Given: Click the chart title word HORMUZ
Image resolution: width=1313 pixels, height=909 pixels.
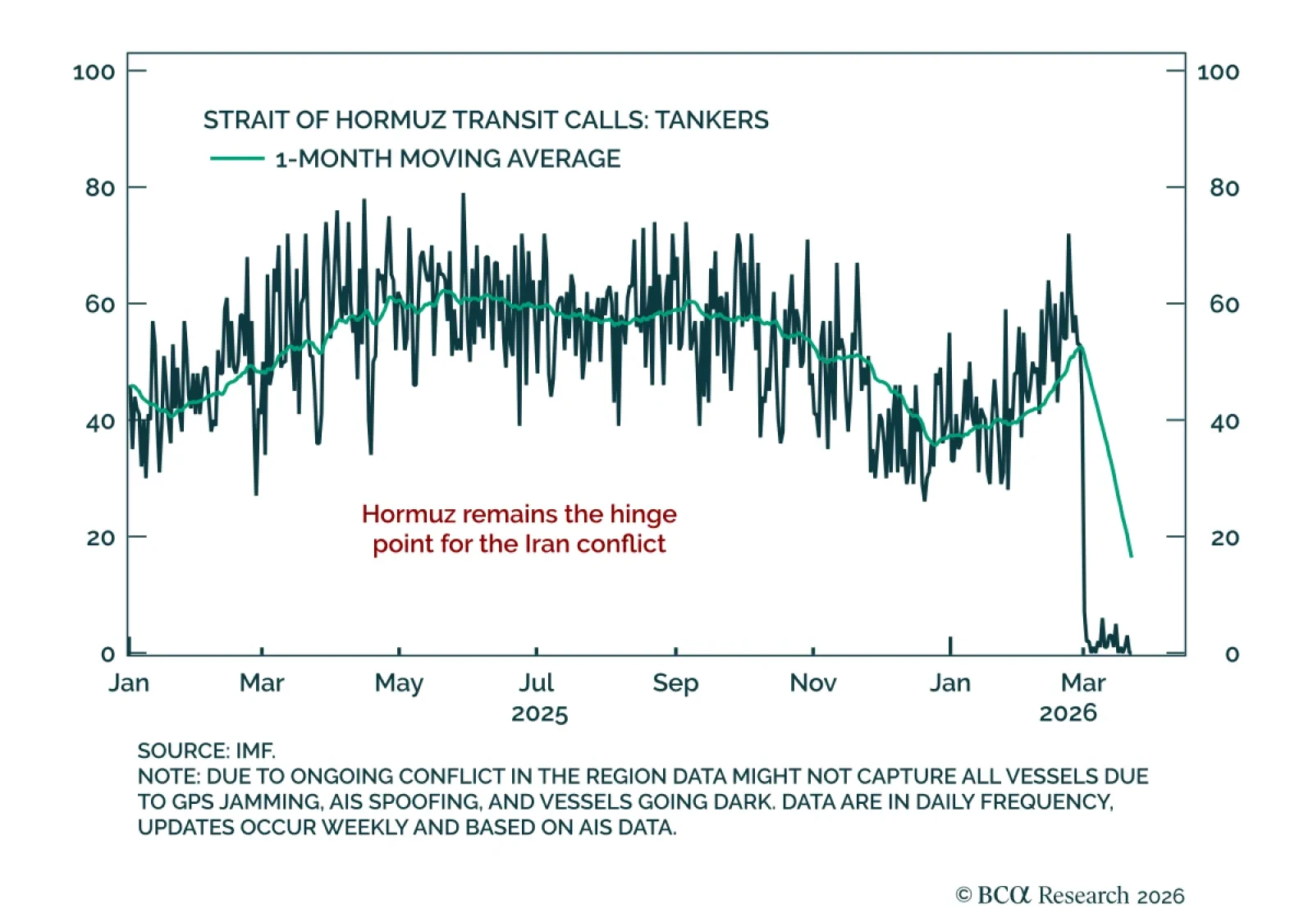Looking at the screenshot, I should (390, 120).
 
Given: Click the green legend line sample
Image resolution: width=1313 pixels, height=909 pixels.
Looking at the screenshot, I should (237, 158).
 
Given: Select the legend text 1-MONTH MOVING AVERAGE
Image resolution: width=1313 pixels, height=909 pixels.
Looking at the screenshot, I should (447, 158).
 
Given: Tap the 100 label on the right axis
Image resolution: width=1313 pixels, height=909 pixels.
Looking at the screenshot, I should (1218, 72).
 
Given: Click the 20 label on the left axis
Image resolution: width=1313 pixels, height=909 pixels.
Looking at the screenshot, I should (99, 538).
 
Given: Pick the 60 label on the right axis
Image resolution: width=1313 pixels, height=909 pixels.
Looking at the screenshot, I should (1224, 305).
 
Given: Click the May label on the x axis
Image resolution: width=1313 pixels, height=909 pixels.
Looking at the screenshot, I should (399, 683).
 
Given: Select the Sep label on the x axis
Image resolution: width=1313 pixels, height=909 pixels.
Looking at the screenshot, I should (675, 683).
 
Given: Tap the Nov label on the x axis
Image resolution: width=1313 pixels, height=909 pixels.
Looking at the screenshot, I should (812, 683).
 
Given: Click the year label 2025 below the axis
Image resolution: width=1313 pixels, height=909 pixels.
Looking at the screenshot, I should (539, 714).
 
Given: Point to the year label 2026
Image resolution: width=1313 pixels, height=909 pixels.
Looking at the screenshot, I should (1068, 713).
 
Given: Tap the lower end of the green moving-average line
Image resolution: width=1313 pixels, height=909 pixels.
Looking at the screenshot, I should (1131, 556).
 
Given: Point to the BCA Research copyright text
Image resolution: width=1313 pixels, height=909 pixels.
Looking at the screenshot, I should (1070, 895).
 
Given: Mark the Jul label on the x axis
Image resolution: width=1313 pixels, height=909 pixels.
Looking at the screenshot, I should (536, 683).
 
